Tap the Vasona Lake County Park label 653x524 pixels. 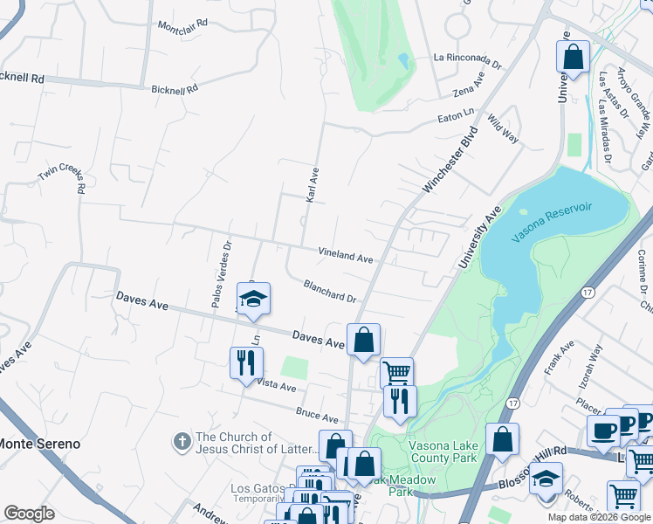443,451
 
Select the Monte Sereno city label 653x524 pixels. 40,444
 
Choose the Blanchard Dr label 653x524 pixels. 330,291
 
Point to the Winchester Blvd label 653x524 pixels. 451,161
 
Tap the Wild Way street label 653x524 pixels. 504,128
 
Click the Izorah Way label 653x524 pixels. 595,365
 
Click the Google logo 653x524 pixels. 30,514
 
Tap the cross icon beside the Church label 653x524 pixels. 182,443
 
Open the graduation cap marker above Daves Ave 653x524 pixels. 253,299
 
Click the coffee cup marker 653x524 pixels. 603,429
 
